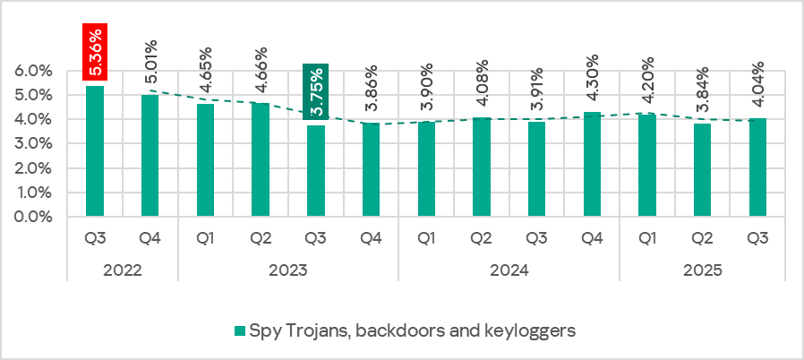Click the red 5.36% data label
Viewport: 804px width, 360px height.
95,52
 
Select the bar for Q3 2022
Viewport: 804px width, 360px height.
95,151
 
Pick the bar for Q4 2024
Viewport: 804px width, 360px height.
592,165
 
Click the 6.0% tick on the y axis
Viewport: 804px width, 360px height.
35,71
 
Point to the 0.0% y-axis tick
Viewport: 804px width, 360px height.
35,217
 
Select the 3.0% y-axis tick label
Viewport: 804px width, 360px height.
35,144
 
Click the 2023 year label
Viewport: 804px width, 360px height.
288,270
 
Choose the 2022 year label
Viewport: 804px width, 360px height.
123,270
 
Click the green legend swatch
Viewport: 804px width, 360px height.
238,331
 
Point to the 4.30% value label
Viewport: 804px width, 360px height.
592,83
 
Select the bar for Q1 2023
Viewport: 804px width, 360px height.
206,160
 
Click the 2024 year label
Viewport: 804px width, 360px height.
509,270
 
